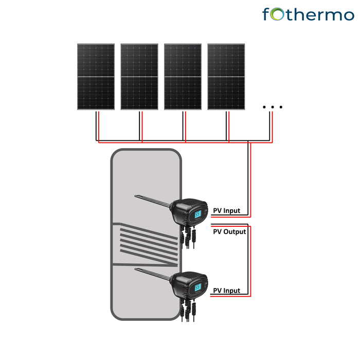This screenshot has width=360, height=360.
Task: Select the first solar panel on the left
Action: pyautogui.click(x=96, y=77)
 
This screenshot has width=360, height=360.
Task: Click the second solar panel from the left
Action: pyautogui.click(x=139, y=77)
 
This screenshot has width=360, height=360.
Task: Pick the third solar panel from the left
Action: pyautogui.click(x=183, y=77)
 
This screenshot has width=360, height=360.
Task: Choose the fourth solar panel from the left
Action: pyautogui.click(x=226, y=77)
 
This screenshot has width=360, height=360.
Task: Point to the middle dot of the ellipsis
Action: pyautogui.click(x=272, y=107)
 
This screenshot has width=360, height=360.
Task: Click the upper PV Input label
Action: pyautogui.click(x=226, y=211)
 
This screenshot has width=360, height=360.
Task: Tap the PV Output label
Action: pyautogui.click(x=229, y=232)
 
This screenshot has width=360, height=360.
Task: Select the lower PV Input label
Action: pyautogui.click(x=226, y=291)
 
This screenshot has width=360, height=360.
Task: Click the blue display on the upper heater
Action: pyautogui.click(x=197, y=213)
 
